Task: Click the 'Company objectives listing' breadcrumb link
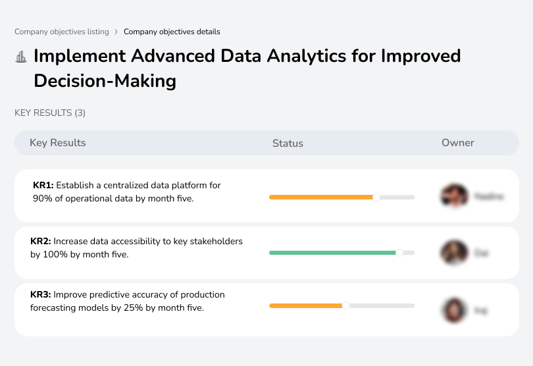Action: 62,32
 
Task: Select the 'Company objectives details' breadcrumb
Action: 172,32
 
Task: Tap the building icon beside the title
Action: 21,57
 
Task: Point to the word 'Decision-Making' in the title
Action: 105,81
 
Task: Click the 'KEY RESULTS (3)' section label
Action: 50,113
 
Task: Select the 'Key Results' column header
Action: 57,143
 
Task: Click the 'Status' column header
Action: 288,143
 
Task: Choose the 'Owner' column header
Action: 457,143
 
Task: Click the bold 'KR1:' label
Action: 43,186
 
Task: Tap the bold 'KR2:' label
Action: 41,242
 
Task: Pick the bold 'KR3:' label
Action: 41,295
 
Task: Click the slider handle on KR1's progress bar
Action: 376,197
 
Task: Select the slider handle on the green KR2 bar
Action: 399,252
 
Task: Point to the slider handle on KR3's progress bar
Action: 345,305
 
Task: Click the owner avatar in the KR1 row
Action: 453,196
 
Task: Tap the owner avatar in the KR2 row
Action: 453,252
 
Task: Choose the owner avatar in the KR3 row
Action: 453,309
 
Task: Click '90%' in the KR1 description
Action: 43,198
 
